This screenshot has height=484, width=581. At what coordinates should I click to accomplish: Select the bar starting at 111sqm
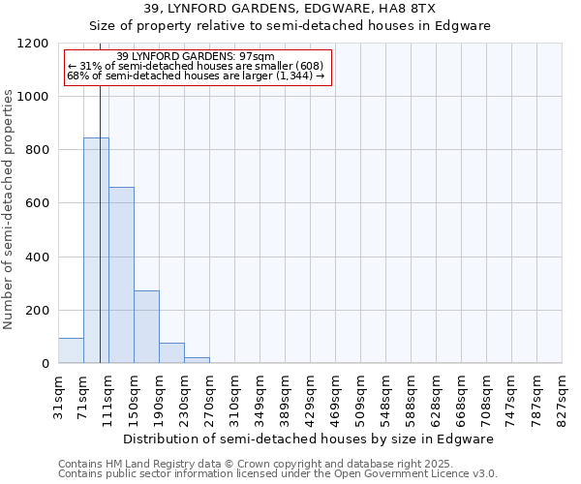click(x=121, y=275)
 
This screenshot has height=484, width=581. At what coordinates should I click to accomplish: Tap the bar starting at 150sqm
click(x=146, y=326)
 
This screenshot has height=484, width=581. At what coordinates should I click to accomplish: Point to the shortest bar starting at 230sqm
click(x=197, y=360)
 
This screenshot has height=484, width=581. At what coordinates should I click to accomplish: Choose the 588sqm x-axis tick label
click(x=412, y=397)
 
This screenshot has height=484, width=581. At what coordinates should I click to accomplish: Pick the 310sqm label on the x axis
click(x=235, y=397)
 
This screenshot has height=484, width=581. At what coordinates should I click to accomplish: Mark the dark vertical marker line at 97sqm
click(x=100, y=242)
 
